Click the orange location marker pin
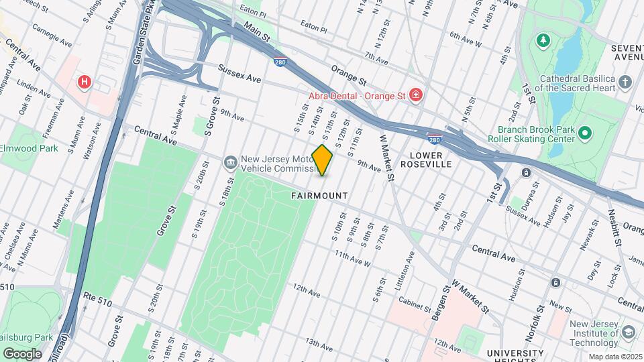click(322, 160)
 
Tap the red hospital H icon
click(85, 82)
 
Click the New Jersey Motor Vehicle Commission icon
click(230, 162)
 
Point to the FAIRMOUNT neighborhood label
click(319, 196)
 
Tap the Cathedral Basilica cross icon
click(625, 82)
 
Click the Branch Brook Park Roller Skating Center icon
click(584, 134)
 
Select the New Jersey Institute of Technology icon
click(629, 333)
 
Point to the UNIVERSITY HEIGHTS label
click(515, 353)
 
